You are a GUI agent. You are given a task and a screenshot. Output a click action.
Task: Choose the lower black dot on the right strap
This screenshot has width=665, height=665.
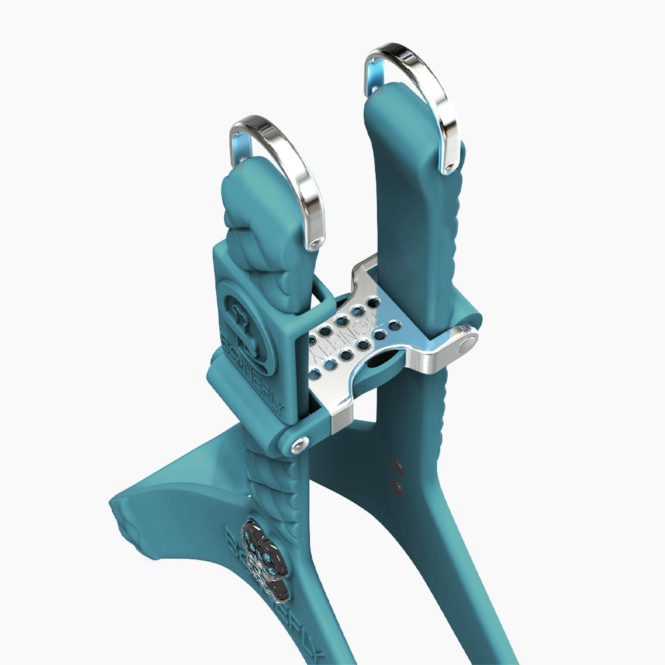pyautogui.click(x=398, y=487)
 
